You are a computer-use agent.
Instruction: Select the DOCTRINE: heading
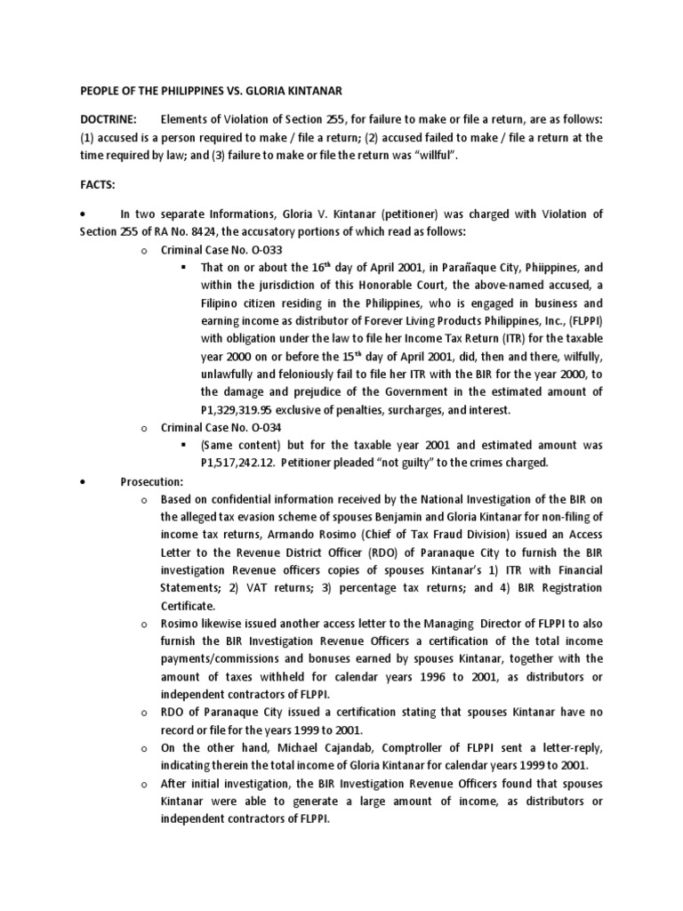pos(108,118)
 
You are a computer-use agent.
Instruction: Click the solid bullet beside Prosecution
pos(82,481)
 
